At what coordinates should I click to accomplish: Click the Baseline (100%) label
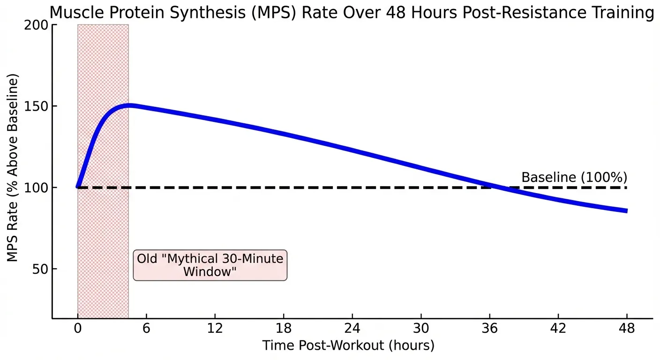574,178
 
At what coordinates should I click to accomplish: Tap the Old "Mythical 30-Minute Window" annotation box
210,265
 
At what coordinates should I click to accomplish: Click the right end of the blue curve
626,211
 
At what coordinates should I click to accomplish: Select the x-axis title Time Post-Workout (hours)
348,346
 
